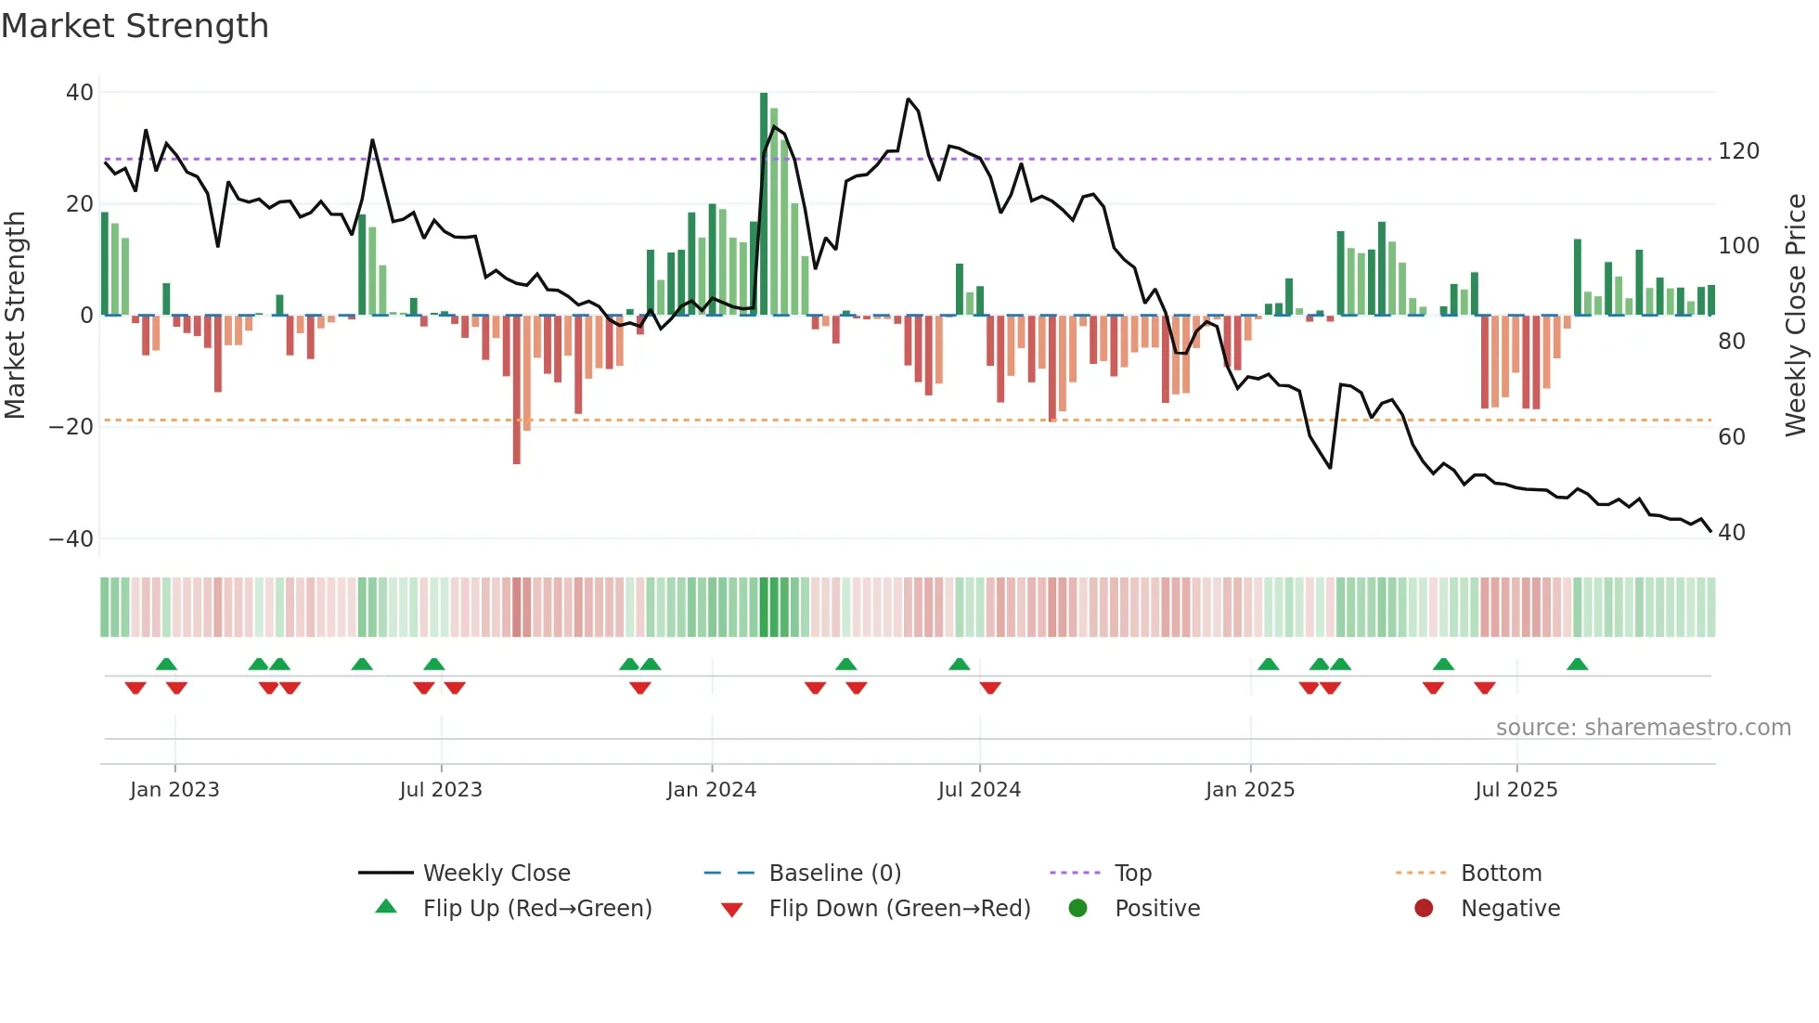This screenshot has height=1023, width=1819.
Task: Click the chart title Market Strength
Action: tap(135, 26)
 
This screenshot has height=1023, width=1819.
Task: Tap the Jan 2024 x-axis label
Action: tap(711, 790)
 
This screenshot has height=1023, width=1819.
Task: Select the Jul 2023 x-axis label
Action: tap(441, 790)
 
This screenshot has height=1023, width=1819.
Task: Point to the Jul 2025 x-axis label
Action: tap(1516, 790)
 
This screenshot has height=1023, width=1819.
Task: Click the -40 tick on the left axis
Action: tap(71, 539)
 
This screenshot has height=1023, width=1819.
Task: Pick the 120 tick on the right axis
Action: tap(1738, 151)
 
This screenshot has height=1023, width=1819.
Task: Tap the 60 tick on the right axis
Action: tap(1732, 437)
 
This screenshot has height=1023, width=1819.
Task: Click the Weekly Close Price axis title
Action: tap(1796, 316)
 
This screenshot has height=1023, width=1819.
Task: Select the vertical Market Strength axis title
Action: tap(16, 316)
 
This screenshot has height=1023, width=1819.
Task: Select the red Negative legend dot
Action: tap(1423, 909)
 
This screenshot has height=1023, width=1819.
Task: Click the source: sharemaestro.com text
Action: tap(1643, 728)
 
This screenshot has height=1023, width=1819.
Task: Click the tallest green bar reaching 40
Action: tap(764, 204)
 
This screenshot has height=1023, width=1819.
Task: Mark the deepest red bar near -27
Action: tap(517, 390)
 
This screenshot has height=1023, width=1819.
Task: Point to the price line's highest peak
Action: tap(909, 99)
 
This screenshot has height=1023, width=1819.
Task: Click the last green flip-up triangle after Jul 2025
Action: tap(1577, 665)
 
